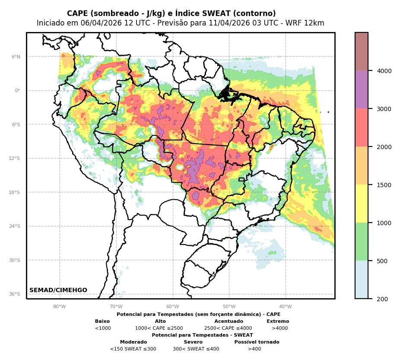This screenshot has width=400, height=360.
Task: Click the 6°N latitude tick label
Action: pos(16,57)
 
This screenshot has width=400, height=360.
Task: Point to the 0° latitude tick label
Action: pos(18,90)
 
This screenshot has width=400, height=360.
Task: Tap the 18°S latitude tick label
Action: pos(15,192)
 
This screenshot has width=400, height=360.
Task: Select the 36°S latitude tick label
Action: pos(15,294)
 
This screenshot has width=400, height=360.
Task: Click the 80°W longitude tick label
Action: pos(60,307)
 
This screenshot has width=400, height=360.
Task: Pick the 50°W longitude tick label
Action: pos(229,307)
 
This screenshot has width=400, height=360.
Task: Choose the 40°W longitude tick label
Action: pos(286,307)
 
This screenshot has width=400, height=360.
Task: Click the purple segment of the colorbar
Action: pos(362,89)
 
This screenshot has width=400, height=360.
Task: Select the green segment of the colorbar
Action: pos(362,242)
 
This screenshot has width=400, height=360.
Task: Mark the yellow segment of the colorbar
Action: pos(362,204)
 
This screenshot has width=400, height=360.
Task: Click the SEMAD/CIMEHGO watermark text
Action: pos(58,290)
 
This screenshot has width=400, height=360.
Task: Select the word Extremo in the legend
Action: pos(278,322)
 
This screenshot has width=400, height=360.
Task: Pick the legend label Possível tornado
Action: pos(257,342)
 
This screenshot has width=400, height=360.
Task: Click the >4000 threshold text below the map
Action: pos(279,328)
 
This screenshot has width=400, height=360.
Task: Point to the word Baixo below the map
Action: pos(102,322)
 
